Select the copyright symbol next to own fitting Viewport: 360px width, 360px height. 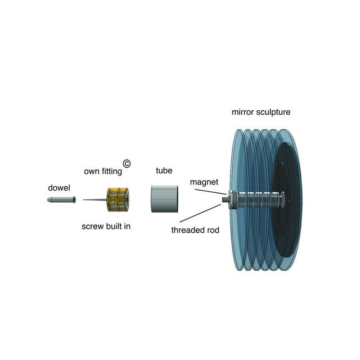pyautogui.click(x=127, y=163)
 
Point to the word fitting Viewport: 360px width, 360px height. pyautogui.click(x=112, y=170)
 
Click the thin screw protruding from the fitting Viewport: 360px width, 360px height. pyautogui.click(x=93, y=199)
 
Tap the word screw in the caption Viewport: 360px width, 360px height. pyautogui.click(x=93, y=227)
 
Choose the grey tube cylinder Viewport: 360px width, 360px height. pyautogui.click(x=164, y=199)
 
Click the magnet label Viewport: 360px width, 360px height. pyautogui.click(x=204, y=182)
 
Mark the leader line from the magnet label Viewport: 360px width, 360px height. pyautogui.click(x=211, y=191)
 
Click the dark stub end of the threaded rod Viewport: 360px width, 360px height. pyautogui.click(x=226, y=199)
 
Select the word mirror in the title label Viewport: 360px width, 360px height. pyautogui.click(x=242, y=112)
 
